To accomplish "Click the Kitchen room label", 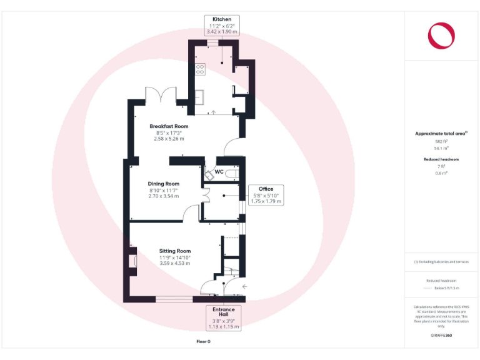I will click(222, 19).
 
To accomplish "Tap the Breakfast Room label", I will click(169, 126).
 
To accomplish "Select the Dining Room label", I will click(164, 183).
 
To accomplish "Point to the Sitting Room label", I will click(174, 251).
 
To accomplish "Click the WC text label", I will click(219, 171).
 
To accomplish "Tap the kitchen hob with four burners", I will click(201, 69).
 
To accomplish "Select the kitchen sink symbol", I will click(200, 98).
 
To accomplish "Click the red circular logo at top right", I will click(441, 35).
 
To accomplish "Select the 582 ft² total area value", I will click(441, 142).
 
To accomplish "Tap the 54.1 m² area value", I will click(441, 148).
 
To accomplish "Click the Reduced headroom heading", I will click(441, 159).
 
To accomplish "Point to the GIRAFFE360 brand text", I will click(441, 336).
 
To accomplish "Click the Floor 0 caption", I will click(204, 342).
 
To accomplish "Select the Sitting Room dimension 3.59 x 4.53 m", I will click(174, 264).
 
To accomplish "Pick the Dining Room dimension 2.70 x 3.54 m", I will click(164, 196).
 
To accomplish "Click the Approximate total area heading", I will click(441, 134).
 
